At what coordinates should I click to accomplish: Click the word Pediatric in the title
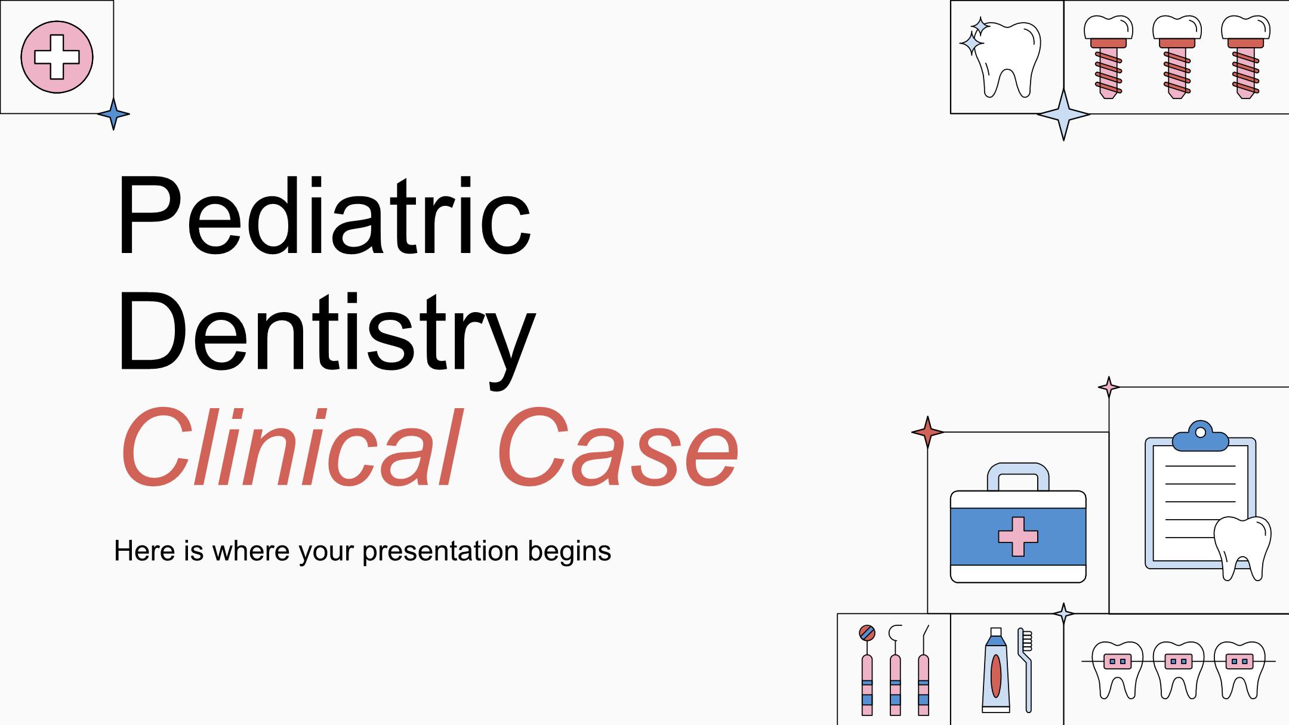323,216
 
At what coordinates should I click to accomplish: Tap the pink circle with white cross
57,57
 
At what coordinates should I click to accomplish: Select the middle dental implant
1176,57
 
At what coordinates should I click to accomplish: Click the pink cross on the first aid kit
1018,536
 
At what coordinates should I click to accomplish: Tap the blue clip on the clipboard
1200,436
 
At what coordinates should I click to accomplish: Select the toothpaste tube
995,670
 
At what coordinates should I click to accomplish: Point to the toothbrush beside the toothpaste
1025,670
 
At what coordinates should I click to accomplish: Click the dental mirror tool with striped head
867,670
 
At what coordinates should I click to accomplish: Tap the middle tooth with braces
1178,670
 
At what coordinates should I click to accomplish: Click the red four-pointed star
927,432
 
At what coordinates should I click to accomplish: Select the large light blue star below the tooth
1063,114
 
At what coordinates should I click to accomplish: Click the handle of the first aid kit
1018,477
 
